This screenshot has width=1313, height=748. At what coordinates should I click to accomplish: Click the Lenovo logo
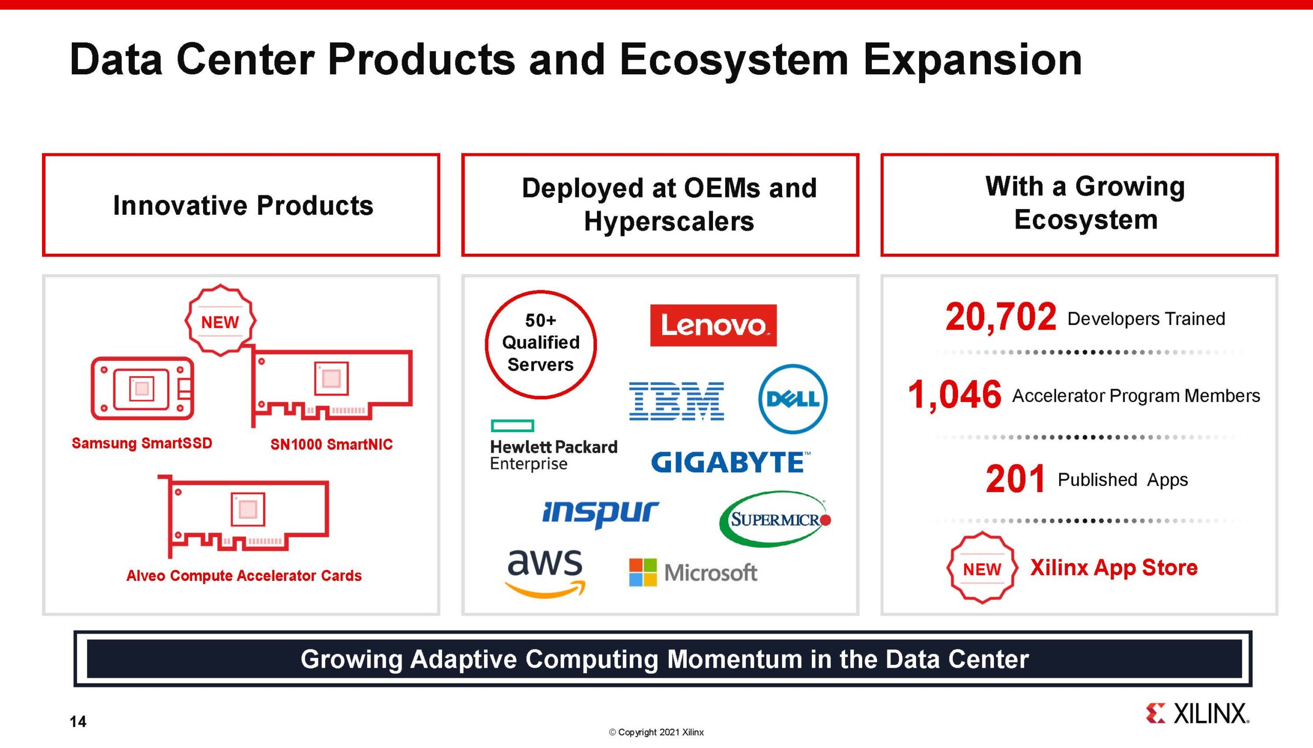[713, 325]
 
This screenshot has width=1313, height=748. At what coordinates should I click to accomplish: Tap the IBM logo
[677, 401]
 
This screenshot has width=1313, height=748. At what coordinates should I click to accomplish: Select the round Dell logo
[792, 399]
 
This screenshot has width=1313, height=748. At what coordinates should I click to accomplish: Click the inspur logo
[600, 513]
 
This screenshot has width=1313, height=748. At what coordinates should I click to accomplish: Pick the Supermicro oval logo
[774, 519]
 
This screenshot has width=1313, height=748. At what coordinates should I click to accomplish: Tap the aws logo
[545, 571]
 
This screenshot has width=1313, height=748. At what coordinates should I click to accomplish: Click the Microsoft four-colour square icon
[642, 572]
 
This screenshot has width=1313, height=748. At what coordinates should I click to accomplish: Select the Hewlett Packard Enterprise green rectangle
[512, 426]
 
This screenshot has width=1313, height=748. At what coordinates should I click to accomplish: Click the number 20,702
[1000, 317]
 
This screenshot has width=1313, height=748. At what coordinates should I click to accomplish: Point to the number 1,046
[954, 395]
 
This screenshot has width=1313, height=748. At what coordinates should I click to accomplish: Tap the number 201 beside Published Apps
[1015, 479]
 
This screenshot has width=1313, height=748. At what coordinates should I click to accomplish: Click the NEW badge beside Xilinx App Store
[982, 569]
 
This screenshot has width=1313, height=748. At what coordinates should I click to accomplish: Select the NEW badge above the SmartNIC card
[220, 320]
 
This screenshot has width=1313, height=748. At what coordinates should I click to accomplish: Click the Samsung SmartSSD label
[142, 443]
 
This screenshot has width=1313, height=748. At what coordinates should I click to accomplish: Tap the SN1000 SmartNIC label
[331, 444]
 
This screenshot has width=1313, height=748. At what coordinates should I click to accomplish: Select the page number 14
[78, 722]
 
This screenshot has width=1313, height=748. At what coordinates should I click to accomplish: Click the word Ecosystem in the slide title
[733, 60]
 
